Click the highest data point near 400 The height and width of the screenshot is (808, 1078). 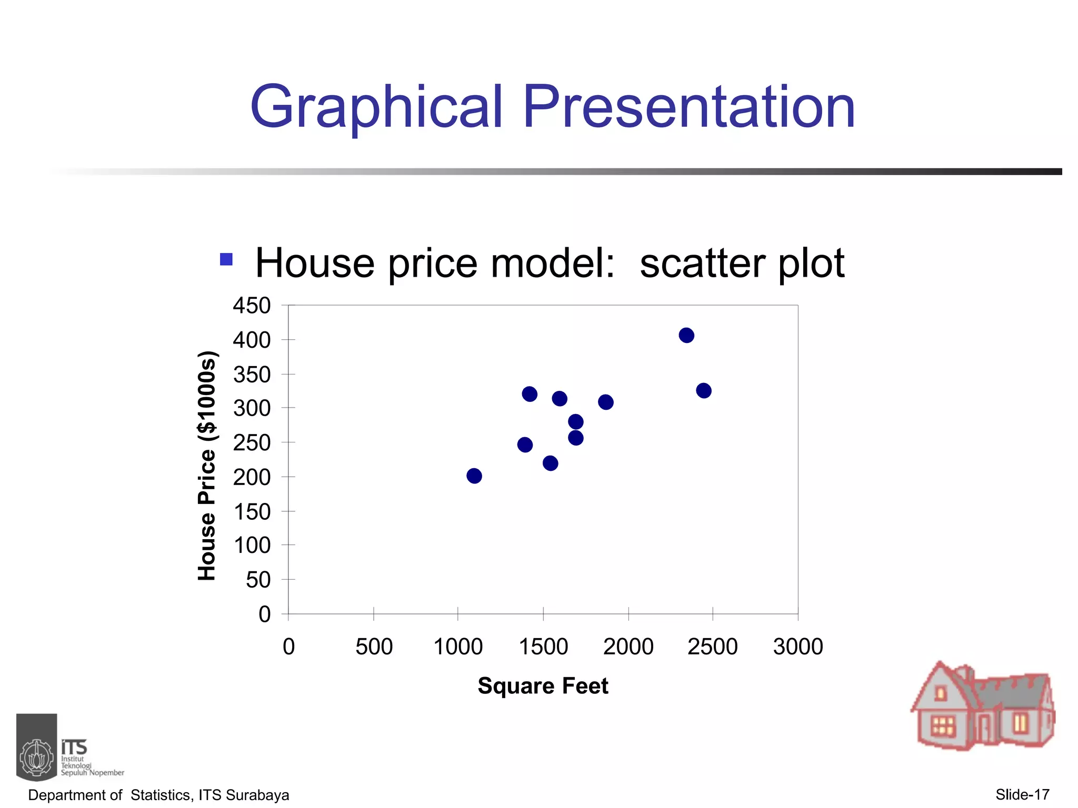coord(686,335)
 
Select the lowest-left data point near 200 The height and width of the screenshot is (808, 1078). coord(474,476)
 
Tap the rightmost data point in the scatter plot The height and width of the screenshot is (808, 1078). coord(704,390)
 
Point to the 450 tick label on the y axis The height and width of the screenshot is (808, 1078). coord(252,306)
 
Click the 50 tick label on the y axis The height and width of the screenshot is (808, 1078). coord(258,580)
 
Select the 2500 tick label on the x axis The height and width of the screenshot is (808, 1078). coord(712,647)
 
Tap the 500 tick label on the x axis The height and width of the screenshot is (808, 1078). coord(374,647)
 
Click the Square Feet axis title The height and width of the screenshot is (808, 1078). coord(543,686)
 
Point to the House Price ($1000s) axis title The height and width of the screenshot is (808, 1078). coord(207,465)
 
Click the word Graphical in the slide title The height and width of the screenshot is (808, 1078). coord(376,108)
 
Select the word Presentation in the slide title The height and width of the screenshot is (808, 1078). coord(688,108)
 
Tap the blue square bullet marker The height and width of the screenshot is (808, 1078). coord(226,259)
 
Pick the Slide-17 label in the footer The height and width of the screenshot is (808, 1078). coord(1022,794)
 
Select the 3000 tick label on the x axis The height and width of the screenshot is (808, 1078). coord(798,647)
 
